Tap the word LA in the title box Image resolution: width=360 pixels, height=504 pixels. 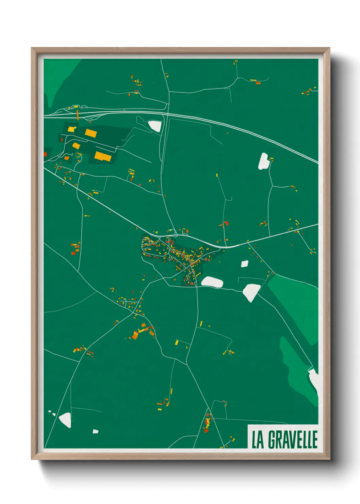pyautogui.click(x=258, y=440)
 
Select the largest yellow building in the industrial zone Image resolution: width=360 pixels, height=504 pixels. pyautogui.click(x=103, y=156)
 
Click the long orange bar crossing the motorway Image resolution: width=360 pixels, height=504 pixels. pyautogui.click(x=78, y=114)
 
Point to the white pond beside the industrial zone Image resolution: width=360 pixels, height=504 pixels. pyautogui.click(x=155, y=126)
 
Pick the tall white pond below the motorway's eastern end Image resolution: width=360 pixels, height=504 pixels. pyautogui.click(x=264, y=161)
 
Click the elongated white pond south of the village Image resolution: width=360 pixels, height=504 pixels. pyautogui.click(x=212, y=282)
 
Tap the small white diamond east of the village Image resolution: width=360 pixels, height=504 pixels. pyautogui.click(x=245, y=264)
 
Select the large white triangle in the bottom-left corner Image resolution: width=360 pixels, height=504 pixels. pyautogui.click(x=65, y=420)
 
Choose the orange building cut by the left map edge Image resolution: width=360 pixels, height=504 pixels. pyautogui.click(x=45, y=154)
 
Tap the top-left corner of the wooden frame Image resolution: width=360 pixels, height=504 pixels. pyautogui.click(x=32, y=49)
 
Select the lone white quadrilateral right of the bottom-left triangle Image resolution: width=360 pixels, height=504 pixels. pyautogui.click(x=96, y=431)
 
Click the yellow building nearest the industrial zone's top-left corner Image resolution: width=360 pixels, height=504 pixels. pyautogui.click(x=71, y=129)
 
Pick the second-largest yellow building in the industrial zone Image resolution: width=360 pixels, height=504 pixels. pyautogui.click(x=91, y=133)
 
